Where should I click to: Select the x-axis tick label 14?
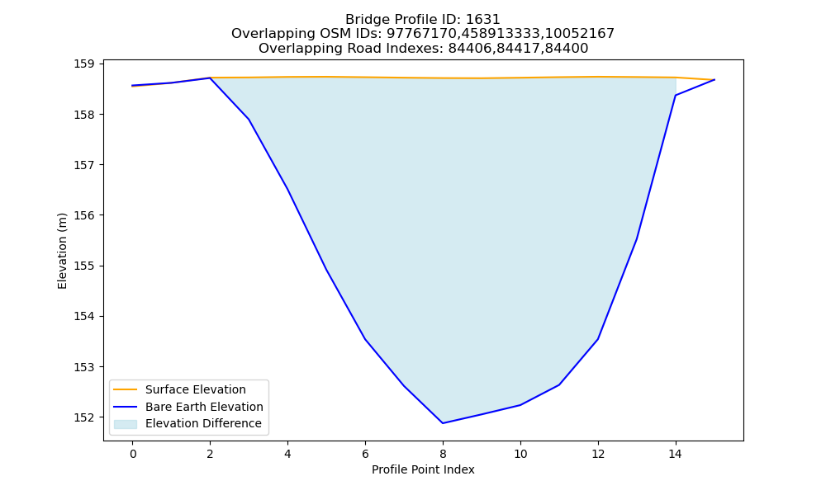pos(676,454)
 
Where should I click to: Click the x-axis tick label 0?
pos(133,454)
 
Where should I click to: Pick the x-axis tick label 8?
pos(443,454)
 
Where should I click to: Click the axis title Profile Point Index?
pos(423,469)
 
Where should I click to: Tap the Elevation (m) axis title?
pos(63,251)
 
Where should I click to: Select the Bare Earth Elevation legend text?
pos(204,407)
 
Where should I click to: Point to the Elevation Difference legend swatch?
pos(126,424)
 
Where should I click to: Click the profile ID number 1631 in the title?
pos(483,20)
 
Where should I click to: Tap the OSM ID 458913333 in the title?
pos(501,34)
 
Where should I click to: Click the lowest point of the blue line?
pos(443,423)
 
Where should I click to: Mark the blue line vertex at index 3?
pos(249,120)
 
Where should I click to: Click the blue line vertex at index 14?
pos(676,95)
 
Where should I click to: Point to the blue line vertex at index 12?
pos(598,339)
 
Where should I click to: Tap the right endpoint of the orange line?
pos(714,80)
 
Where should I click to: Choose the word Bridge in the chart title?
pos(364,20)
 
